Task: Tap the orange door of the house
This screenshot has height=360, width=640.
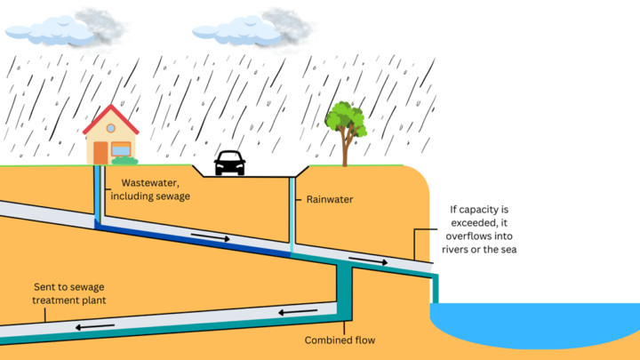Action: [100, 153]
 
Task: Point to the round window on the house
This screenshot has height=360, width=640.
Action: [110, 128]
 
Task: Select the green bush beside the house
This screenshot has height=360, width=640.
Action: [124, 160]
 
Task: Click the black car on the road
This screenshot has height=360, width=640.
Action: [230, 163]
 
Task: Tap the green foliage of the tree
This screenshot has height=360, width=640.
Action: [346, 119]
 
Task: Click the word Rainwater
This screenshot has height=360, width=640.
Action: [330, 200]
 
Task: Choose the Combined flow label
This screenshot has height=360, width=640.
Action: [340, 340]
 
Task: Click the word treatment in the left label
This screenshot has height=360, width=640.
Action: [56, 300]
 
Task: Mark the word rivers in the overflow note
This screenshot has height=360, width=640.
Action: [455, 250]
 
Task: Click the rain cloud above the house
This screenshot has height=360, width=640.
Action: [63, 28]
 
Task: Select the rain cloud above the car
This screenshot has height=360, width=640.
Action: [251, 28]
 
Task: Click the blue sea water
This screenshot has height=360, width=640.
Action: [535, 324]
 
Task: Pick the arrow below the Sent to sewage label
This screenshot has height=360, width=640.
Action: [95, 327]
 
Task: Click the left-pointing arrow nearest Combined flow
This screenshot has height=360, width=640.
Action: [298, 312]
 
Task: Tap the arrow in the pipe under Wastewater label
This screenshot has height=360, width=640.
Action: [211, 236]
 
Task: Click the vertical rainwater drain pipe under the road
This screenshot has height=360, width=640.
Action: [292, 215]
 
